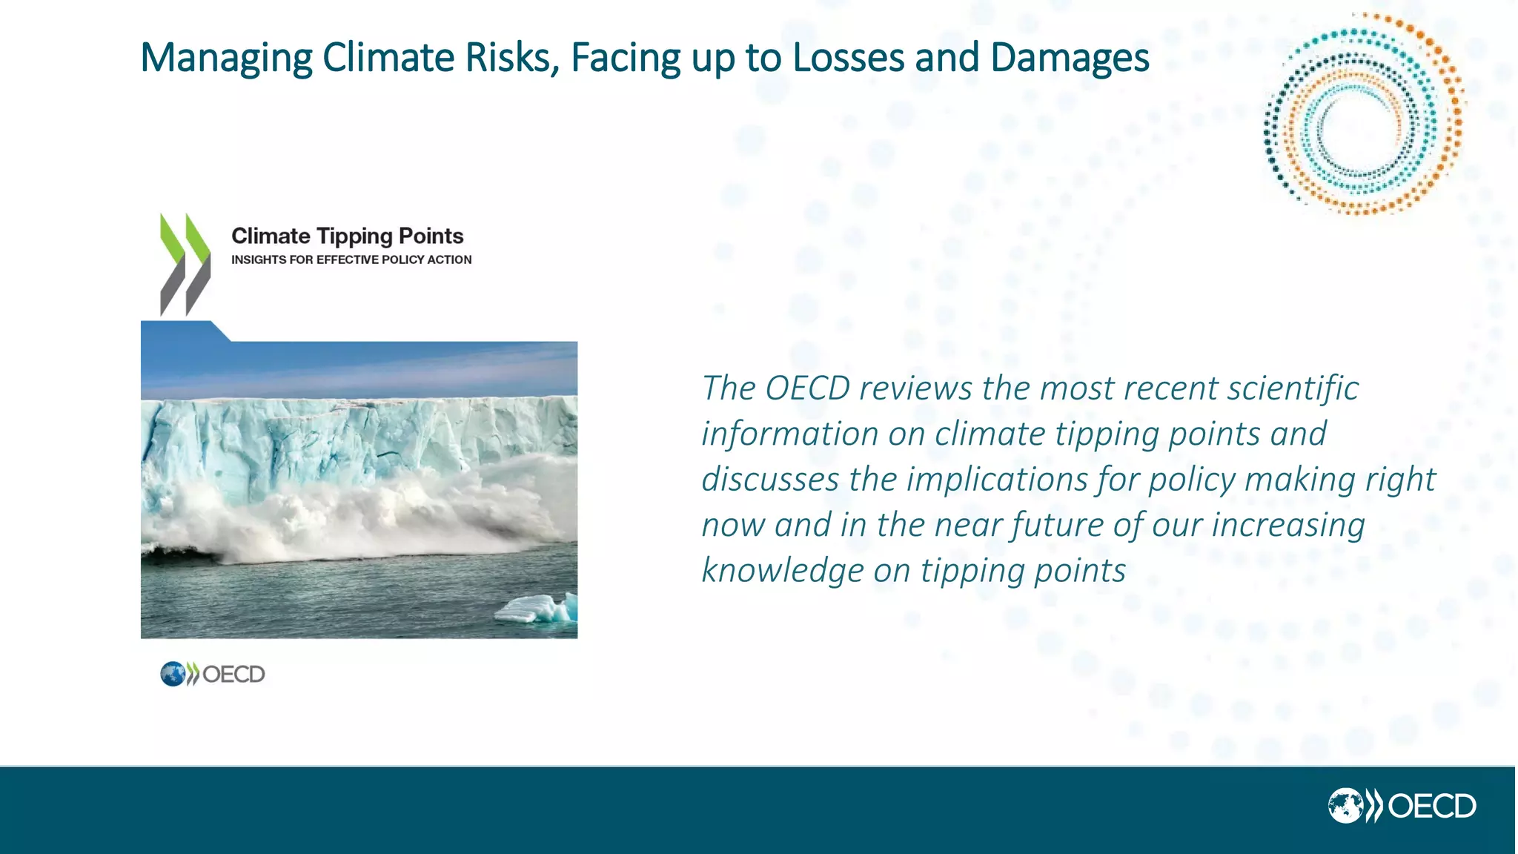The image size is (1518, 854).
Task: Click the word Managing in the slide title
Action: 226,58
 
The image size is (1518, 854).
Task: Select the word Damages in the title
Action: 1069,58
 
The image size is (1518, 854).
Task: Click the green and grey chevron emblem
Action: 185,265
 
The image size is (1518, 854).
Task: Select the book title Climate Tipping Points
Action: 347,236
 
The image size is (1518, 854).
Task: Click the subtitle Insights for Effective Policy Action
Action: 351,259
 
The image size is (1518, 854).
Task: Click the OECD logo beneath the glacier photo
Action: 213,674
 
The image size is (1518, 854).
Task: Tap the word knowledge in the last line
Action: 782,571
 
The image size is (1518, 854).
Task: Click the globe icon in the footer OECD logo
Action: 1345,806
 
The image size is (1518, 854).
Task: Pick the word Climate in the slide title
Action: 388,58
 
